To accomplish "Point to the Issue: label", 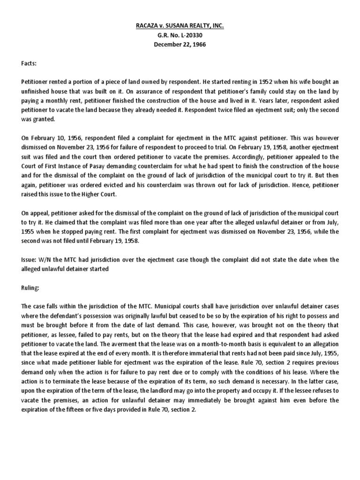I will (x=30, y=259).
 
